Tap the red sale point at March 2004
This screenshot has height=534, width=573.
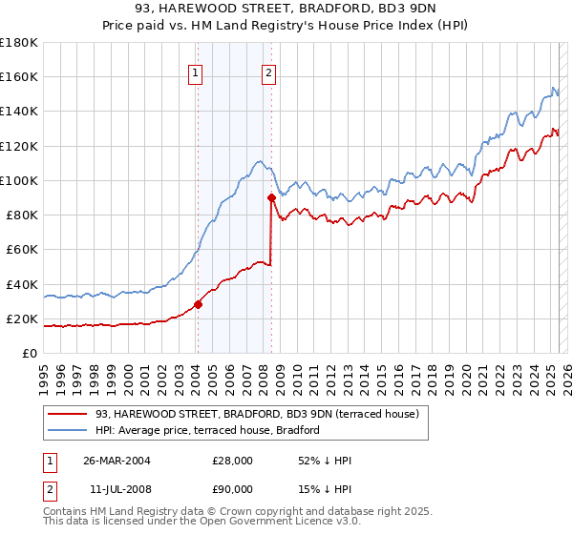[198, 305]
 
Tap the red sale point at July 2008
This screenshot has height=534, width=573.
[271, 197]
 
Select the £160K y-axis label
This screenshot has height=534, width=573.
[19, 76]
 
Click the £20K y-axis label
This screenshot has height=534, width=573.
[23, 318]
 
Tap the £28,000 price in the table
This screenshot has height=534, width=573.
[232, 461]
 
